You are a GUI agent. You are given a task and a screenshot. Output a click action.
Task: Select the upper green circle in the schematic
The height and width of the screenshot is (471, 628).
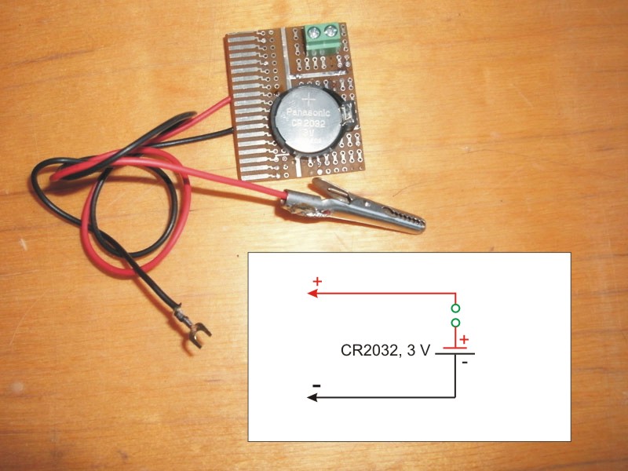(x=455, y=307)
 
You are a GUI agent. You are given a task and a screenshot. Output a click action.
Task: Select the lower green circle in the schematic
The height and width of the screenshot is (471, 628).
(x=455, y=323)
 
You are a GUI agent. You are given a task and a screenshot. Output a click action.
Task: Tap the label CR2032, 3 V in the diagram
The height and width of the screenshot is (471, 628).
(x=385, y=352)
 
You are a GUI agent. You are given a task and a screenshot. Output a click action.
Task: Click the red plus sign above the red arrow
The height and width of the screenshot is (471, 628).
(x=318, y=281)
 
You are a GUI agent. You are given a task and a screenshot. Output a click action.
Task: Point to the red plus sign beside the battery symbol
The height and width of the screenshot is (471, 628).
(x=463, y=339)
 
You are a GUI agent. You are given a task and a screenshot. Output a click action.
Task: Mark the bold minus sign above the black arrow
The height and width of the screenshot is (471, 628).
(x=316, y=385)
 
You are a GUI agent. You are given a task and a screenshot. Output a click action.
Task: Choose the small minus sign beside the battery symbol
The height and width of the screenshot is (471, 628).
(x=465, y=363)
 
